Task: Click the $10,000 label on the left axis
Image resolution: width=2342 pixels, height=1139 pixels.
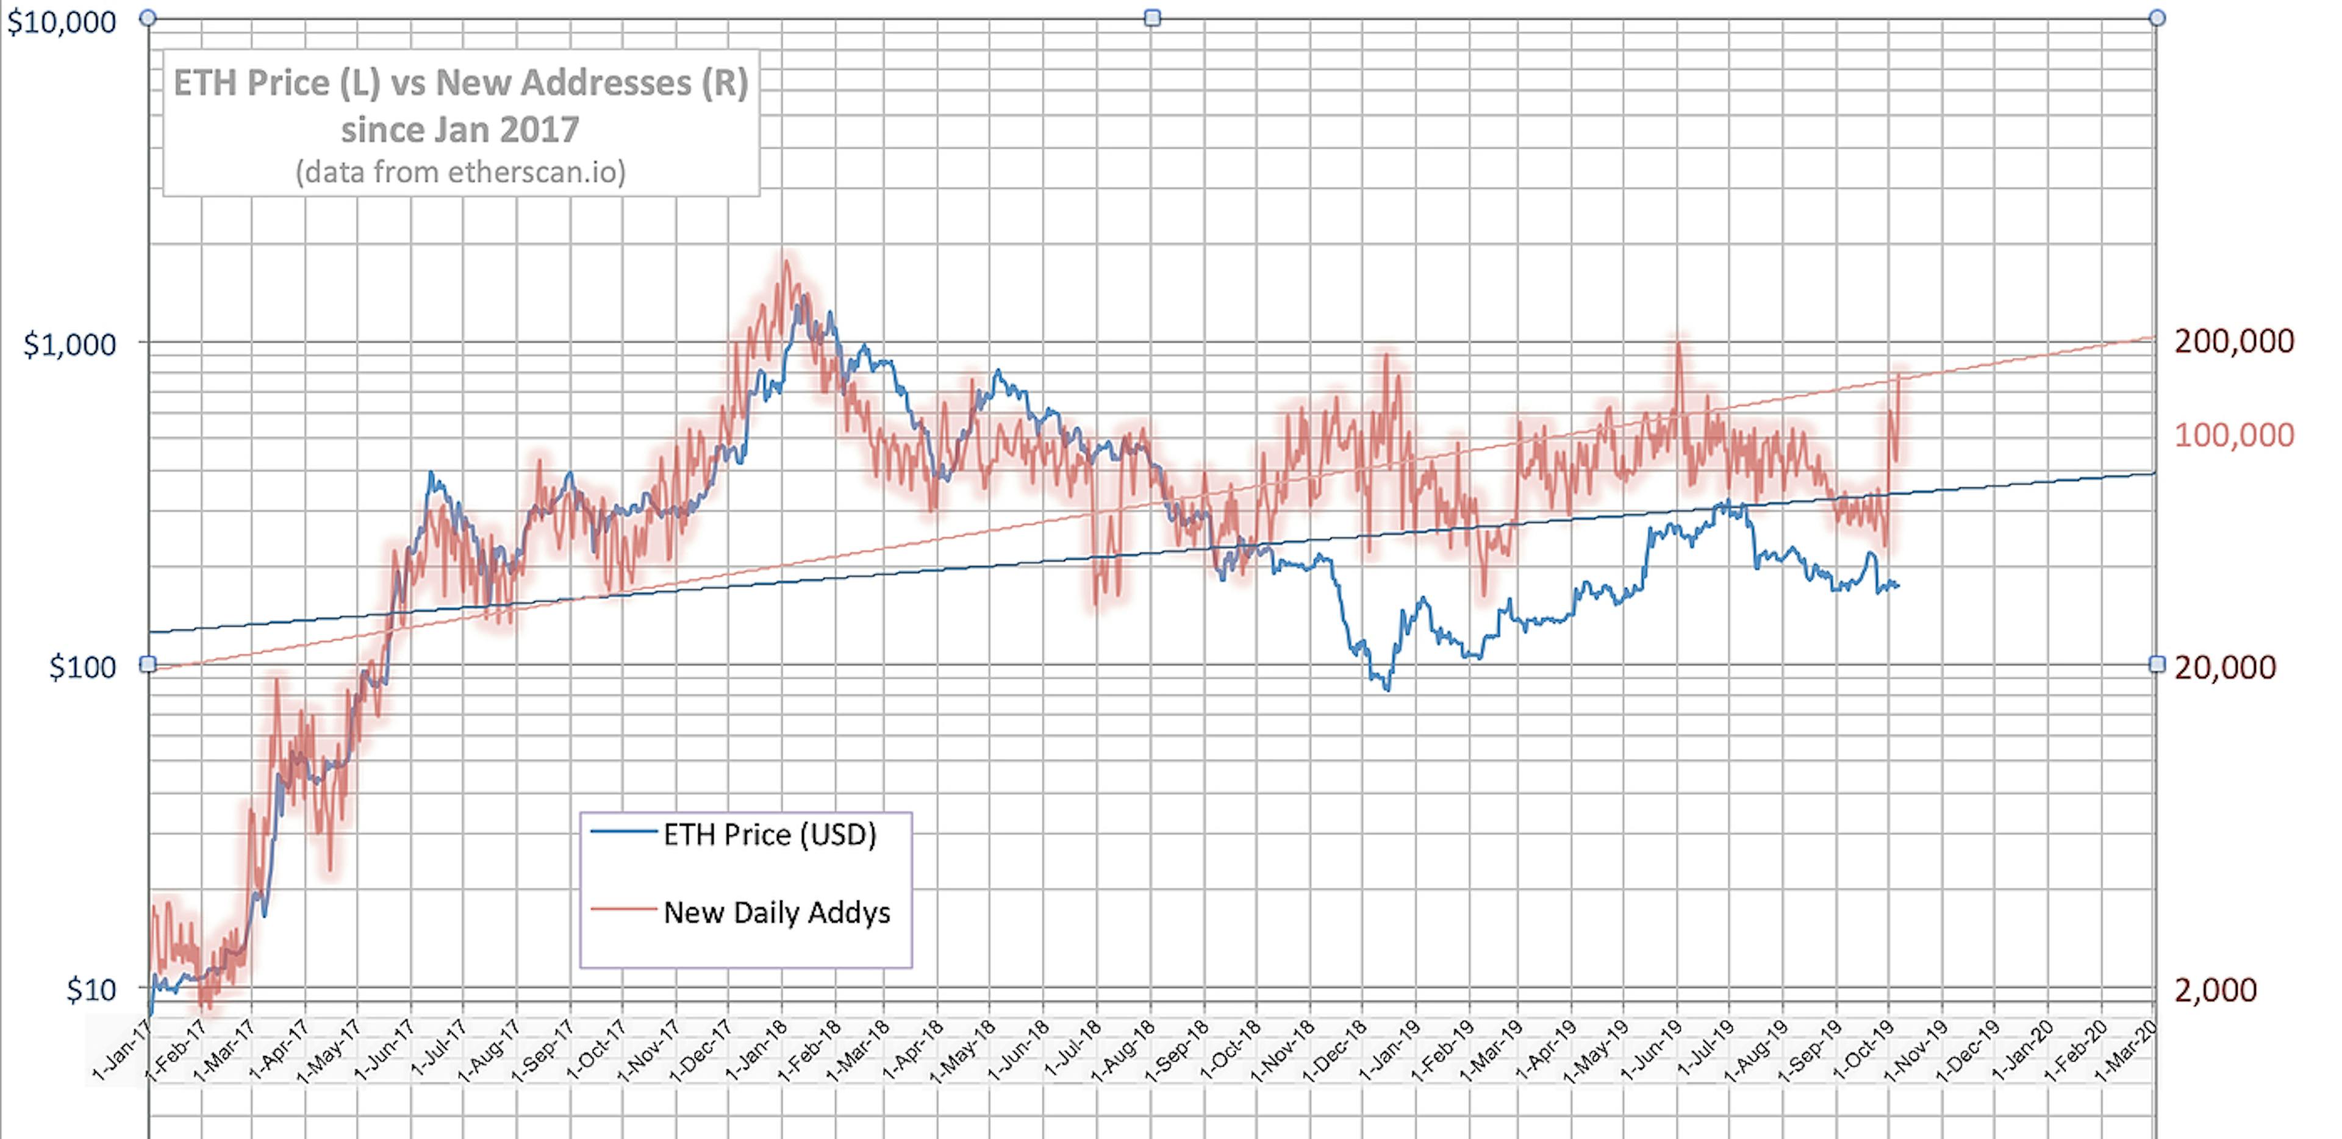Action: pyautogui.click(x=62, y=22)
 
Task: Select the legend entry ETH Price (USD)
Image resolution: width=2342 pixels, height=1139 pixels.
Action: pyautogui.click(x=768, y=835)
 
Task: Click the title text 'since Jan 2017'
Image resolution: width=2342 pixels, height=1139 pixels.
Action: pyautogui.click(x=460, y=130)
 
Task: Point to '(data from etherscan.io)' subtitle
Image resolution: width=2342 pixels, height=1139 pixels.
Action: pyautogui.click(x=460, y=173)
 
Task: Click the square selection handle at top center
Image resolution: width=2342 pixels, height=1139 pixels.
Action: pyautogui.click(x=1152, y=18)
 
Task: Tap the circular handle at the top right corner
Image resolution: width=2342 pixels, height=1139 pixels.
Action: pyautogui.click(x=2157, y=18)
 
